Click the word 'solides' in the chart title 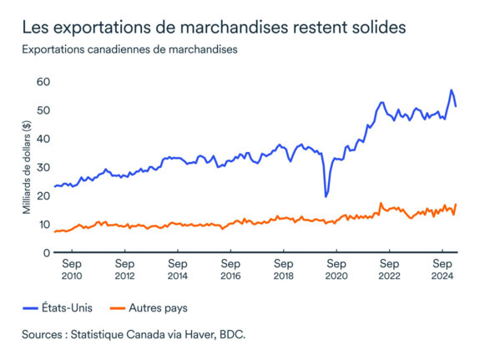click(376, 27)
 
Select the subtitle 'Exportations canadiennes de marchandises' click(130, 49)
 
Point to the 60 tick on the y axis click(42, 82)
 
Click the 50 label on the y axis click(42, 110)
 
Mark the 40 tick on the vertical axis click(42, 139)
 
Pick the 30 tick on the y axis click(42, 167)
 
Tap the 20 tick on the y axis click(42, 195)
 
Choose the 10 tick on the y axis click(42, 224)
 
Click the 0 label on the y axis click(45, 252)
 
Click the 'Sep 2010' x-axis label click(72, 269)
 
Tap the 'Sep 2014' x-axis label click(177, 269)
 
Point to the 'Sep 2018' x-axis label click(283, 269)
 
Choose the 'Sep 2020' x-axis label click(336, 269)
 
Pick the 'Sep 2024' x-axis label click(442, 269)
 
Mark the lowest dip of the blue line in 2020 click(326, 196)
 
